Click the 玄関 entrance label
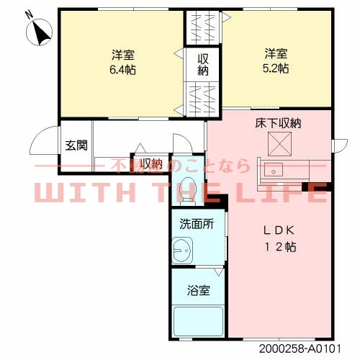pos(76,145)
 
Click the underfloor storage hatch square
pos(277,145)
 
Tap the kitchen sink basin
pos(274,171)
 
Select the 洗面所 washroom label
pos(197,224)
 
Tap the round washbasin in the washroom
pos(181,251)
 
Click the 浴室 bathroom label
pos(199,291)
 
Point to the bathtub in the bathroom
pos(198,319)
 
